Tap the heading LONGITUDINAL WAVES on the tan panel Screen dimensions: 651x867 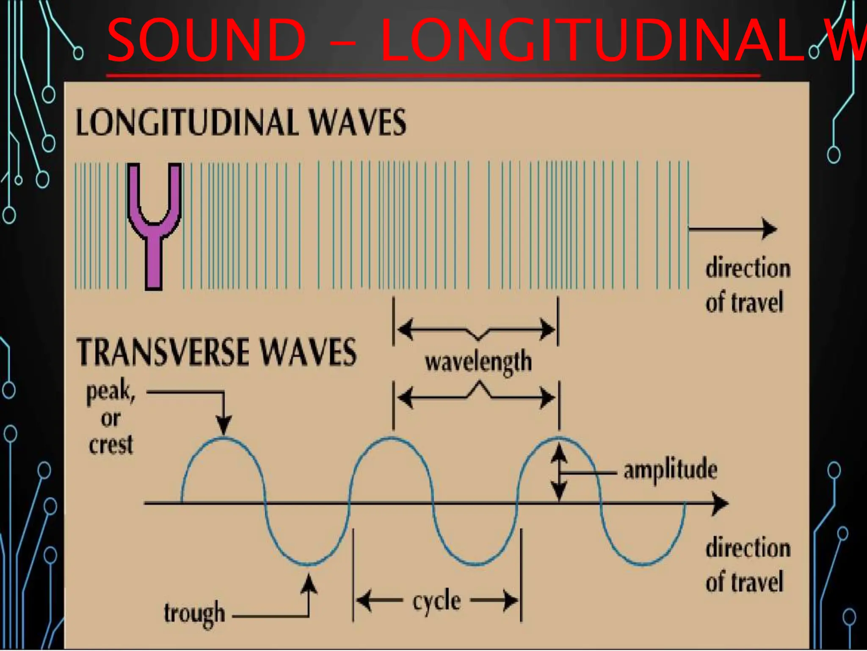pyautogui.click(x=240, y=122)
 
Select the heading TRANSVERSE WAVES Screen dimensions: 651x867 pyautogui.click(x=217, y=352)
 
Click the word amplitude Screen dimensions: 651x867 pyautogui.click(x=670, y=470)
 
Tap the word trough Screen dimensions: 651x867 pyautogui.click(x=194, y=613)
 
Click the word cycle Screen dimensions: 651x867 pyautogui.click(x=436, y=601)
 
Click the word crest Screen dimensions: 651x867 pyautogui.click(x=111, y=445)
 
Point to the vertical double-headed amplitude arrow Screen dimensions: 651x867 pyautogui.click(x=560, y=473)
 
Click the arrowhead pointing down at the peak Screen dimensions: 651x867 pyautogui.click(x=224, y=426)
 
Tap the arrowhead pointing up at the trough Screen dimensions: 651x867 pyautogui.click(x=310, y=584)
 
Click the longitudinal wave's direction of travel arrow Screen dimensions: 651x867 pyautogui.click(x=732, y=229)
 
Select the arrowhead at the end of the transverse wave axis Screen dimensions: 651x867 pyautogui.click(x=720, y=504)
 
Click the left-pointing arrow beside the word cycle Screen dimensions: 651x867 pyautogui.click(x=379, y=600)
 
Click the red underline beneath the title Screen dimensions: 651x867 pyautogui.click(x=432, y=76)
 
